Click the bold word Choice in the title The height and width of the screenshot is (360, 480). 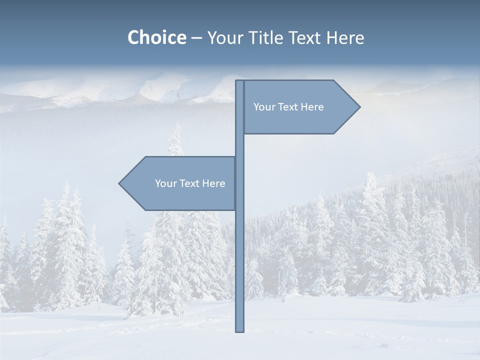point(156,37)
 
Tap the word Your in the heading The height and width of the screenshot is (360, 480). point(226,37)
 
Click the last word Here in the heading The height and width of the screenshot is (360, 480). point(345,37)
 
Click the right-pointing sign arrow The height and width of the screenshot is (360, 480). point(300,107)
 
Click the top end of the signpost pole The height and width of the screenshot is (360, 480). point(239,82)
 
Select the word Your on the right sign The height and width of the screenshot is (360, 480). point(264,107)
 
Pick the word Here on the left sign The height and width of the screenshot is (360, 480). point(213,183)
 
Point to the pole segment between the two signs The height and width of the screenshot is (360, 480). point(239,145)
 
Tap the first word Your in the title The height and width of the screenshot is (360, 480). point(226,37)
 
